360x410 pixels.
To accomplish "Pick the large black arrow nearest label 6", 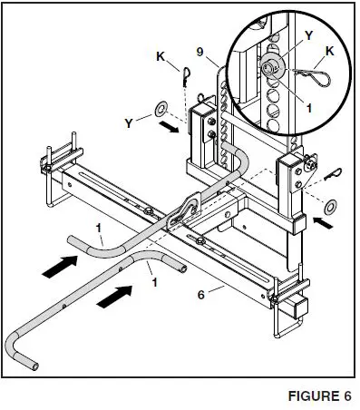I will pos(116,294).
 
